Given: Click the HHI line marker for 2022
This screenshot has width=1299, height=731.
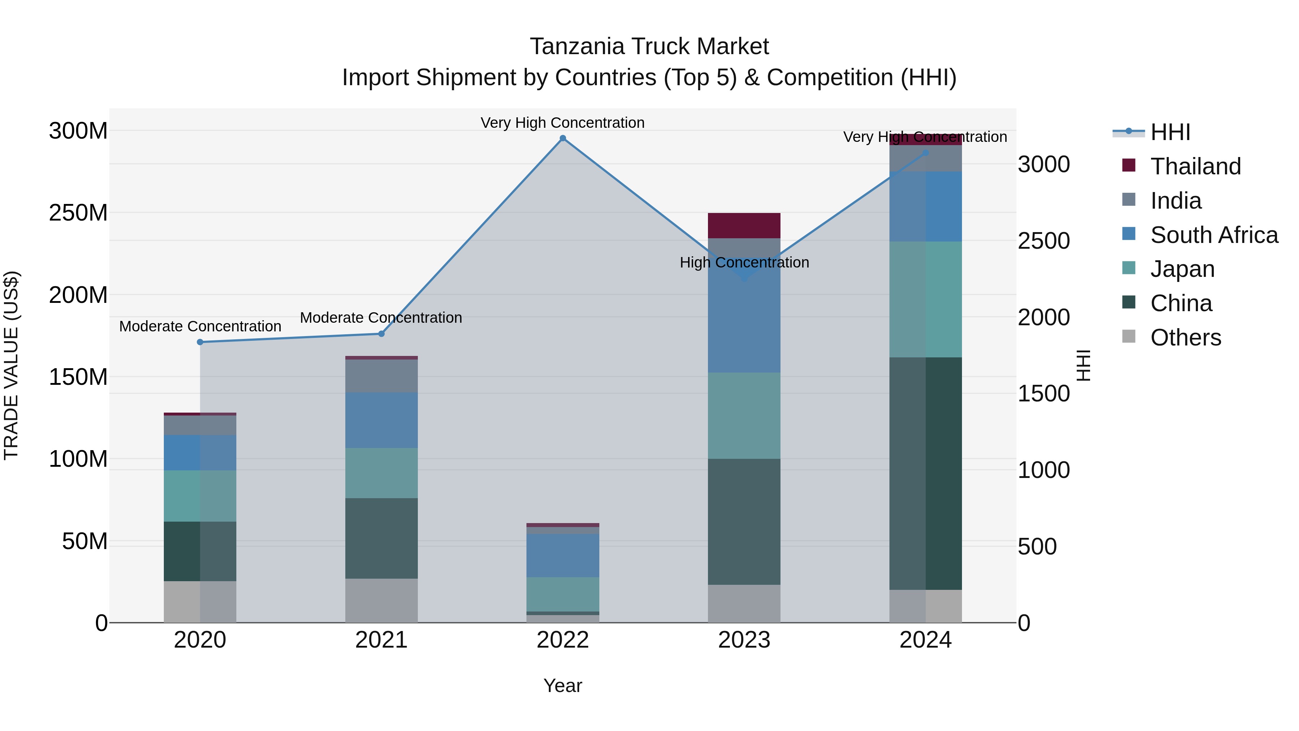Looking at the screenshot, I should pos(563,138).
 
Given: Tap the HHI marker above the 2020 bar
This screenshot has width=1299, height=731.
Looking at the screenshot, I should pos(200,342).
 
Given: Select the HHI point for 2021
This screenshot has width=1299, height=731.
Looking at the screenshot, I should pos(381,334).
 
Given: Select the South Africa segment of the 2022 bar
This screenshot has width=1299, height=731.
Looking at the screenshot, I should pos(563,555).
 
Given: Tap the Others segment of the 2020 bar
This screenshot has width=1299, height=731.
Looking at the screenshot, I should pos(200,601).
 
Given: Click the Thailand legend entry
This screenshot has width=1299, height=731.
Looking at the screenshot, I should pos(1195,166).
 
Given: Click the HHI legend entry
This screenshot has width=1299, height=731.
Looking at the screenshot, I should pos(1170,132).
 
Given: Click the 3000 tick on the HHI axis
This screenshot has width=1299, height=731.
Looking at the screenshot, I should pos(1043,165).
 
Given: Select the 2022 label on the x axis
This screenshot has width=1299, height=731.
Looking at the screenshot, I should pos(563,640).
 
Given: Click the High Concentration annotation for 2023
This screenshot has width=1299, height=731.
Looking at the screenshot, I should pos(744,262).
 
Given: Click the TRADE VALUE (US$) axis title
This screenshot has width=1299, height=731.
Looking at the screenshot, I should pos(11,365).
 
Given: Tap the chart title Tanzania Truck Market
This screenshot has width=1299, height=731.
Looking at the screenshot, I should pos(649,47).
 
